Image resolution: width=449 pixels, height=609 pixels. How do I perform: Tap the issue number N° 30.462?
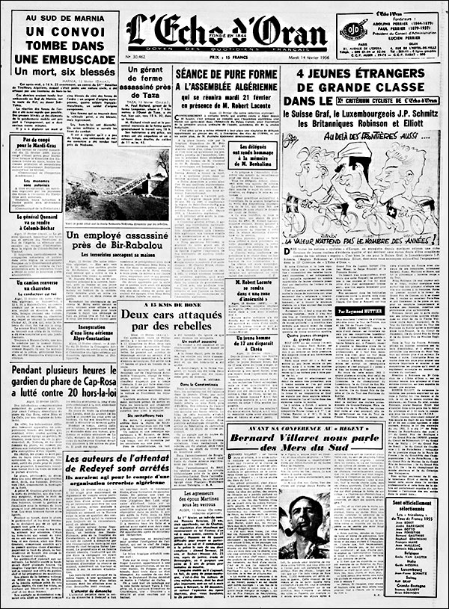137,56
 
